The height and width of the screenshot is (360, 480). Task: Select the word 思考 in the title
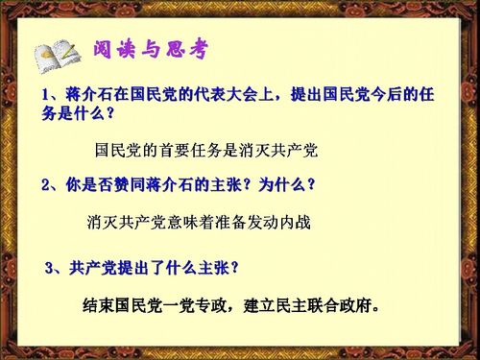188,48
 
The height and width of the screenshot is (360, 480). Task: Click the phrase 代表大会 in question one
220,95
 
